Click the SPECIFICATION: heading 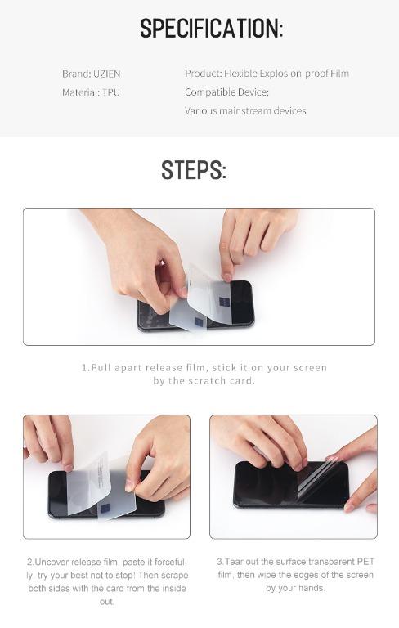[x=211, y=29]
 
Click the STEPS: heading [x=194, y=170]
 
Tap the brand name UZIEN [x=107, y=74]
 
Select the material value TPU [x=111, y=92]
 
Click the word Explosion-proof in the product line [x=289, y=74]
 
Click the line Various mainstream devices [x=245, y=110]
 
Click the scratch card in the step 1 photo [x=196, y=294]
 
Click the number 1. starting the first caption [x=85, y=368]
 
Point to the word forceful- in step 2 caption [x=168, y=563]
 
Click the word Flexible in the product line [x=240, y=74]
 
